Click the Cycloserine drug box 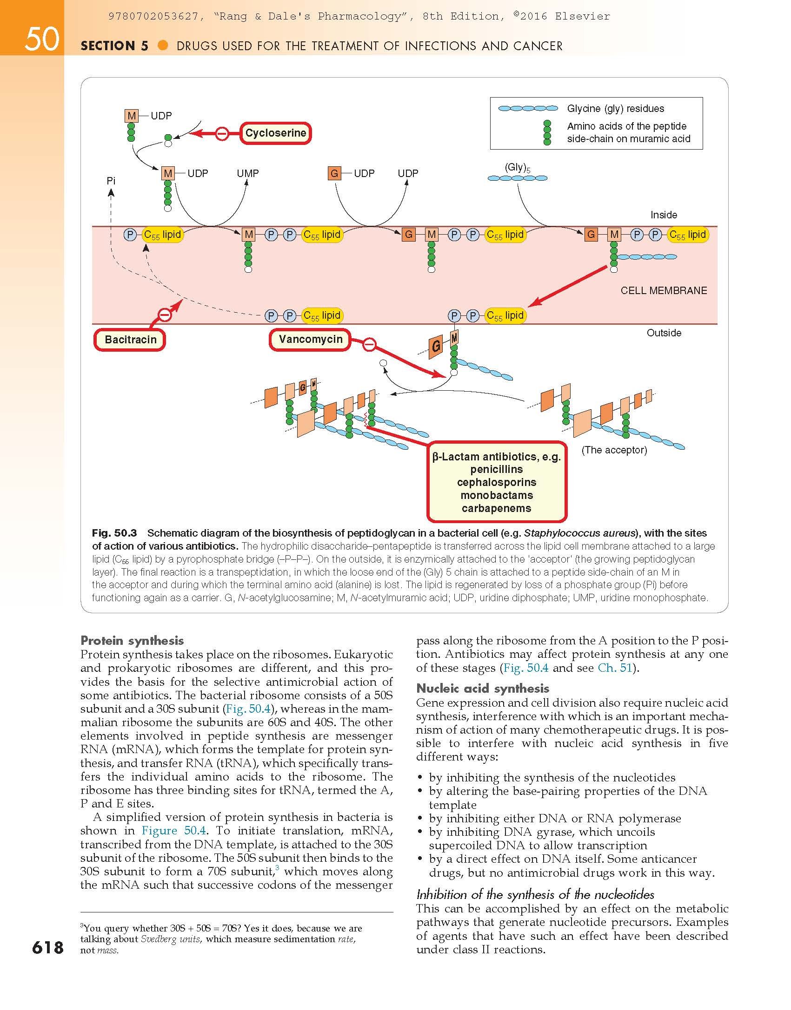[x=276, y=133]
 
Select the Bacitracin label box [x=130, y=340]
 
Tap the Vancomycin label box [x=310, y=340]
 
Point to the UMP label [x=247, y=174]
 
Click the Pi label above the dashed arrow [x=111, y=181]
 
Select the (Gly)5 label [x=517, y=168]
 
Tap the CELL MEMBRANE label [x=664, y=291]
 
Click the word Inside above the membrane [x=664, y=215]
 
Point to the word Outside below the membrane [x=664, y=333]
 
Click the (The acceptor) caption [x=614, y=450]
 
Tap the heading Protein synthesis [x=132, y=641]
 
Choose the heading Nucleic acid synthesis [x=483, y=689]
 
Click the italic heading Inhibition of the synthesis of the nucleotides [x=535, y=894]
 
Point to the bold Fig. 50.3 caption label [x=114, y=533]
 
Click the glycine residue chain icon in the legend [x=528, y=109]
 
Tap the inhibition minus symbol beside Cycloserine [x=222, y=134]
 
